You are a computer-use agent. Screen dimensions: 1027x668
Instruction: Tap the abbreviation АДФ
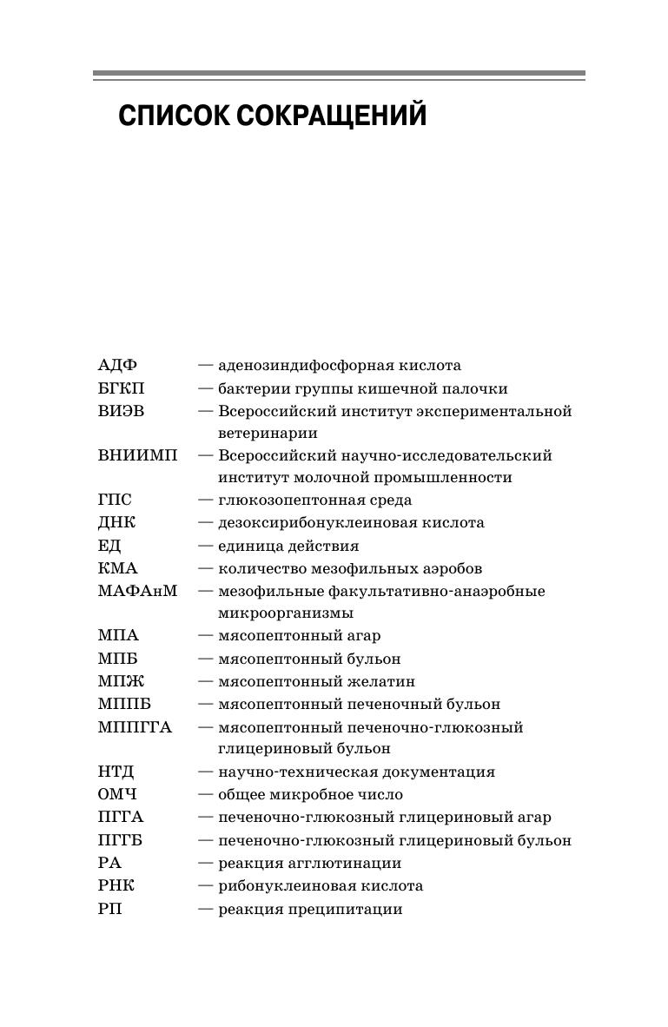point(117,366)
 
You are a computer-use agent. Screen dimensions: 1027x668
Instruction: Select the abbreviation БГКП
point(121,388)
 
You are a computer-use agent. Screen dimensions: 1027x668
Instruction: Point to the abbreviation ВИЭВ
point(121,411)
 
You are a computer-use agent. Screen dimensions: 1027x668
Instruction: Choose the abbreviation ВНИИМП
point(137,455)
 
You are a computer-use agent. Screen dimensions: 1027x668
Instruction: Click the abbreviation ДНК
point(116,523)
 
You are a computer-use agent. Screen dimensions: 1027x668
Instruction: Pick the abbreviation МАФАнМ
point(137,591)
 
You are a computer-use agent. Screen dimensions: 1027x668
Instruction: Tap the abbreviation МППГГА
point(135,727)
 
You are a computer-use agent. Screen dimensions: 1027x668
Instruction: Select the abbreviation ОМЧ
point(117,794)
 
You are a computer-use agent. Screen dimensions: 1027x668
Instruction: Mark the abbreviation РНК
point(116,886)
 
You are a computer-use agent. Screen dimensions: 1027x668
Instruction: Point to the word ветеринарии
point(268,433)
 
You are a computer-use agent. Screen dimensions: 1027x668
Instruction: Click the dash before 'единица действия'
point(205,546)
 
